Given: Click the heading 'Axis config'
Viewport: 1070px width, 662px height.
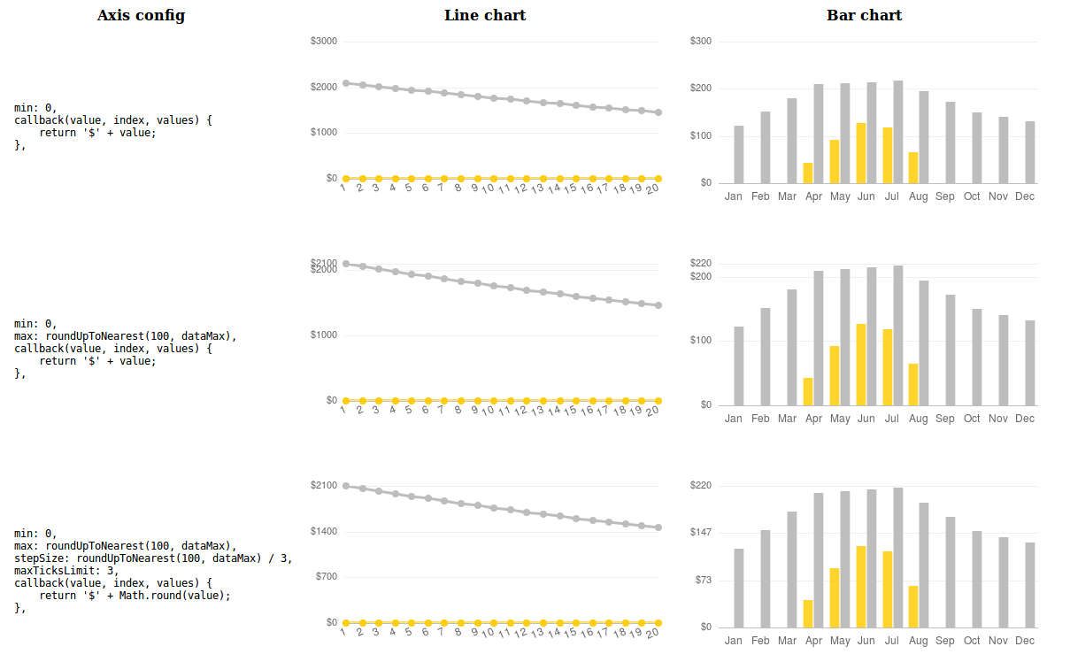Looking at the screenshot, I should (141, 15).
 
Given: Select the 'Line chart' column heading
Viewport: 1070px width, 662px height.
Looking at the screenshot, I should (485, 15).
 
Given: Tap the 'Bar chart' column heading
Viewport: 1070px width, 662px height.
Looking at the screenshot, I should (864, 15).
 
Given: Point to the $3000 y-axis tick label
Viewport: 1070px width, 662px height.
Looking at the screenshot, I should (324, 42).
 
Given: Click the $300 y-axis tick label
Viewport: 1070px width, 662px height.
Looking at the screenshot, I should (701, 42).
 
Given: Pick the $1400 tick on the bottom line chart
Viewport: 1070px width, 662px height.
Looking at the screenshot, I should (324, 531).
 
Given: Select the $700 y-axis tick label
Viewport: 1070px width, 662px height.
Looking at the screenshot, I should (327, 577).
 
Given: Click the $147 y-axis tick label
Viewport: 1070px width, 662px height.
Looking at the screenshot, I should (701, 532).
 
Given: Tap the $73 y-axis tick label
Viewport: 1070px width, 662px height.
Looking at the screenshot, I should (704, 581).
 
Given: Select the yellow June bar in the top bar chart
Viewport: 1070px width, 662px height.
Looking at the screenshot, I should (861, 152).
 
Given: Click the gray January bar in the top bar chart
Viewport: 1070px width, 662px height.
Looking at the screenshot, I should (738, 154).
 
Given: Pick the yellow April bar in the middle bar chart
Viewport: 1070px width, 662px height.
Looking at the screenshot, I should (808, 391).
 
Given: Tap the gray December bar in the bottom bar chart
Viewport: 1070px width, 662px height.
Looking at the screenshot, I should (1029, 584).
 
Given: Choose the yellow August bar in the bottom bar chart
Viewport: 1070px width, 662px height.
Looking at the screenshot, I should (913, 606).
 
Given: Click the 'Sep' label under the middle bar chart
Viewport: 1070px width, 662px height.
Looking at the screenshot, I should (945, 419).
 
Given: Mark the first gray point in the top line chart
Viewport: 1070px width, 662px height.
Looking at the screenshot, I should (345, 82).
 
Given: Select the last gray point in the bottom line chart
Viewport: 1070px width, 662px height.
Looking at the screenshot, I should (658, 527).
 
